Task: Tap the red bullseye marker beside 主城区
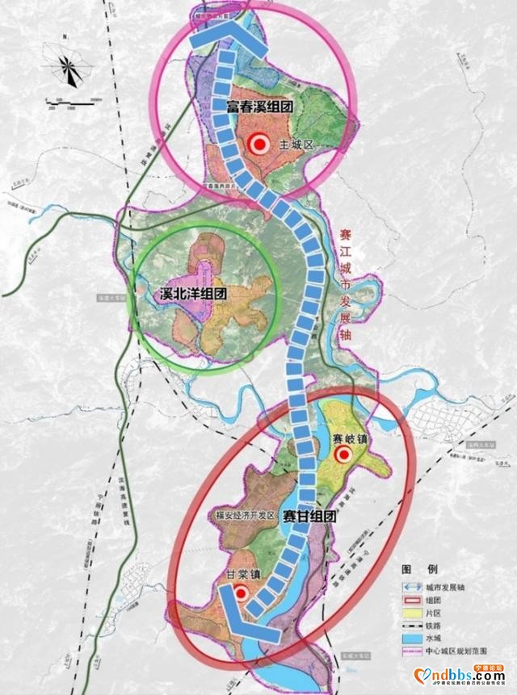(259, 145)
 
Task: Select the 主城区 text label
(296, 145)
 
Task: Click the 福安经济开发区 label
(246, 515)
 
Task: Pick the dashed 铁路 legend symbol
(414, 626)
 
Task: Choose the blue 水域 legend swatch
(414, 638)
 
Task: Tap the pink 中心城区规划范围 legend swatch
(414, 651)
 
